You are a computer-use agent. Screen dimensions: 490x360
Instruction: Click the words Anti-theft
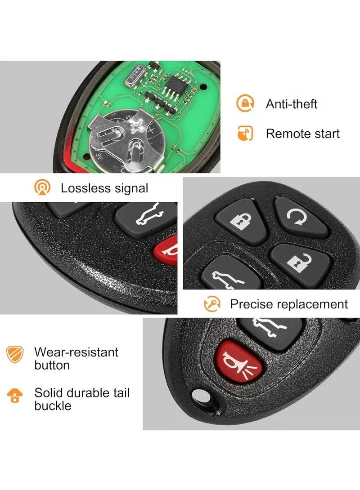[291, 104]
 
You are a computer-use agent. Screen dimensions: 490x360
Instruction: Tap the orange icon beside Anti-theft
[245, 104]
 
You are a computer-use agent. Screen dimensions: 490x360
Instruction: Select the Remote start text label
[302, 134]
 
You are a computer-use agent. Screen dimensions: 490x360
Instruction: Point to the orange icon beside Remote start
[245, 134]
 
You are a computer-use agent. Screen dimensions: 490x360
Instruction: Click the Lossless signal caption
[104, 188]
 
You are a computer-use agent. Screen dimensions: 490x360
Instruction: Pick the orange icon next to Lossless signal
[42, 187]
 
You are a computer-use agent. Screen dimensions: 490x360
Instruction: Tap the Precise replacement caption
[289, 304]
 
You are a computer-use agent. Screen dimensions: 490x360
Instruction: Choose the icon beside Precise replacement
[212, 304]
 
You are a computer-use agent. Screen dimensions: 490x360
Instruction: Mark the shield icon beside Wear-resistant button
[15, 354]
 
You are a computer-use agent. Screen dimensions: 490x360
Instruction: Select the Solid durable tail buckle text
[82, 399]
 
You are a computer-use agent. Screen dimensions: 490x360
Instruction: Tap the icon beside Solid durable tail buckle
[15, 396]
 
